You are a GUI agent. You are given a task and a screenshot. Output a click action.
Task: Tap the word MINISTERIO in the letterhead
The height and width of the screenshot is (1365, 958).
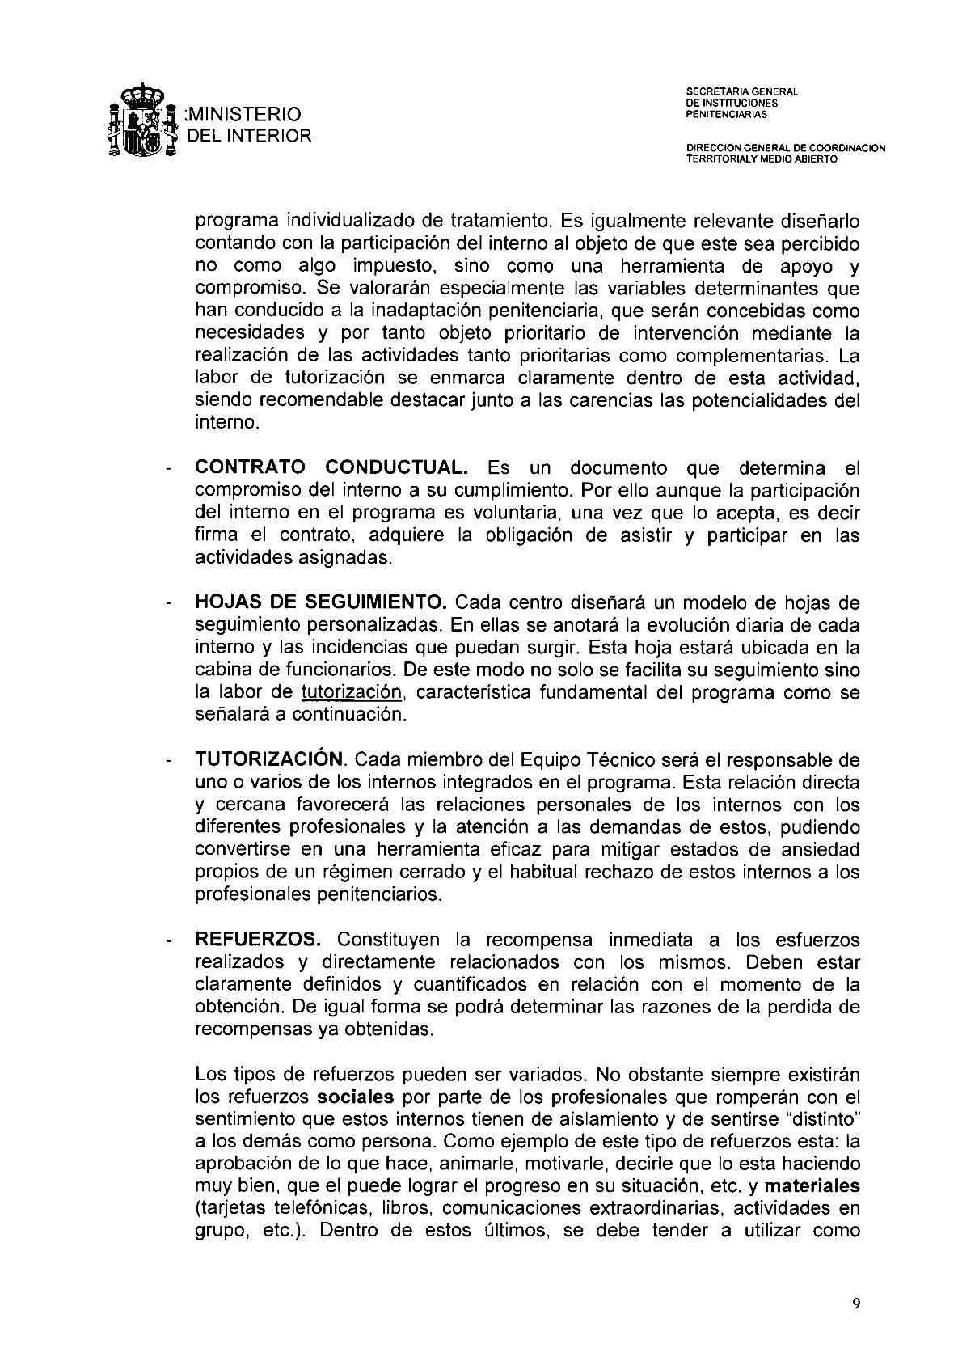tap(243, 114)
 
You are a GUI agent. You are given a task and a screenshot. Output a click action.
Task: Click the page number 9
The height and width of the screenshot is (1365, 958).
tap(856, 1303)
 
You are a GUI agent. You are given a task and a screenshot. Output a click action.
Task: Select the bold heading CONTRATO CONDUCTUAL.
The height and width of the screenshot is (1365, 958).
tap(331, 468)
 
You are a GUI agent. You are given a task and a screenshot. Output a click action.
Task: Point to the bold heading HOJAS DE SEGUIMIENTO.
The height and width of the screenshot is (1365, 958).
tap(321, 603)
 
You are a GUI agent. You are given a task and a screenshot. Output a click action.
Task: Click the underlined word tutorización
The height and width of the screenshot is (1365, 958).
tap(351, 692)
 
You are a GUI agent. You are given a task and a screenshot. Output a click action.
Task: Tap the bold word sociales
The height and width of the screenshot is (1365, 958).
tap(356, 1097)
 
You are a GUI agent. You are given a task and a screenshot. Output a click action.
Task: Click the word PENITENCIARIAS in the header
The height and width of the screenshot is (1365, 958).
tap(726, 115)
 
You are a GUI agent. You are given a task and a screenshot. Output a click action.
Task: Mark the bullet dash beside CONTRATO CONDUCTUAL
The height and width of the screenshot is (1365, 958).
tap(168, 471)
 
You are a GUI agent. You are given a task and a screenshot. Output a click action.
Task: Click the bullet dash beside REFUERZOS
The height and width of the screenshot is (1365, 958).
tap(168, 942)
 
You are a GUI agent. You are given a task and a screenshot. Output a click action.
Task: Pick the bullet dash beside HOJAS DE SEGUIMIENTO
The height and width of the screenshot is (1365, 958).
tap(168, 606)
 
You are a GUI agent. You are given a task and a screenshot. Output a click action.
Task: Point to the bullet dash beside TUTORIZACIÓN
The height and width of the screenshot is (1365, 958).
tap(168, 763)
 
